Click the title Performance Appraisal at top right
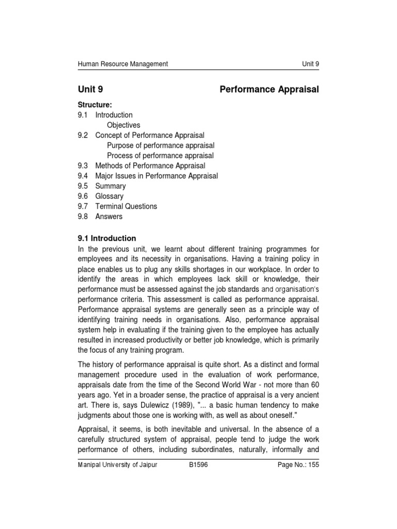pos(269,89)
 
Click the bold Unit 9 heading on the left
pos(94,89)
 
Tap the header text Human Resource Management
pos(123,64)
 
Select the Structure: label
pos(95,105)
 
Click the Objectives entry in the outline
pos(124,125)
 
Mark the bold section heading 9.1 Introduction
pos(107,238)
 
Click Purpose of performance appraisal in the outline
pos(160,146)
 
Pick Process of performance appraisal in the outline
pos(160,155)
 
